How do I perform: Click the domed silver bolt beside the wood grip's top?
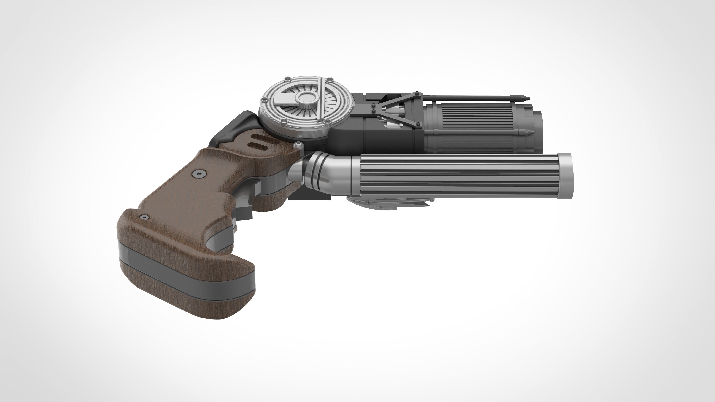(298, 145)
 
